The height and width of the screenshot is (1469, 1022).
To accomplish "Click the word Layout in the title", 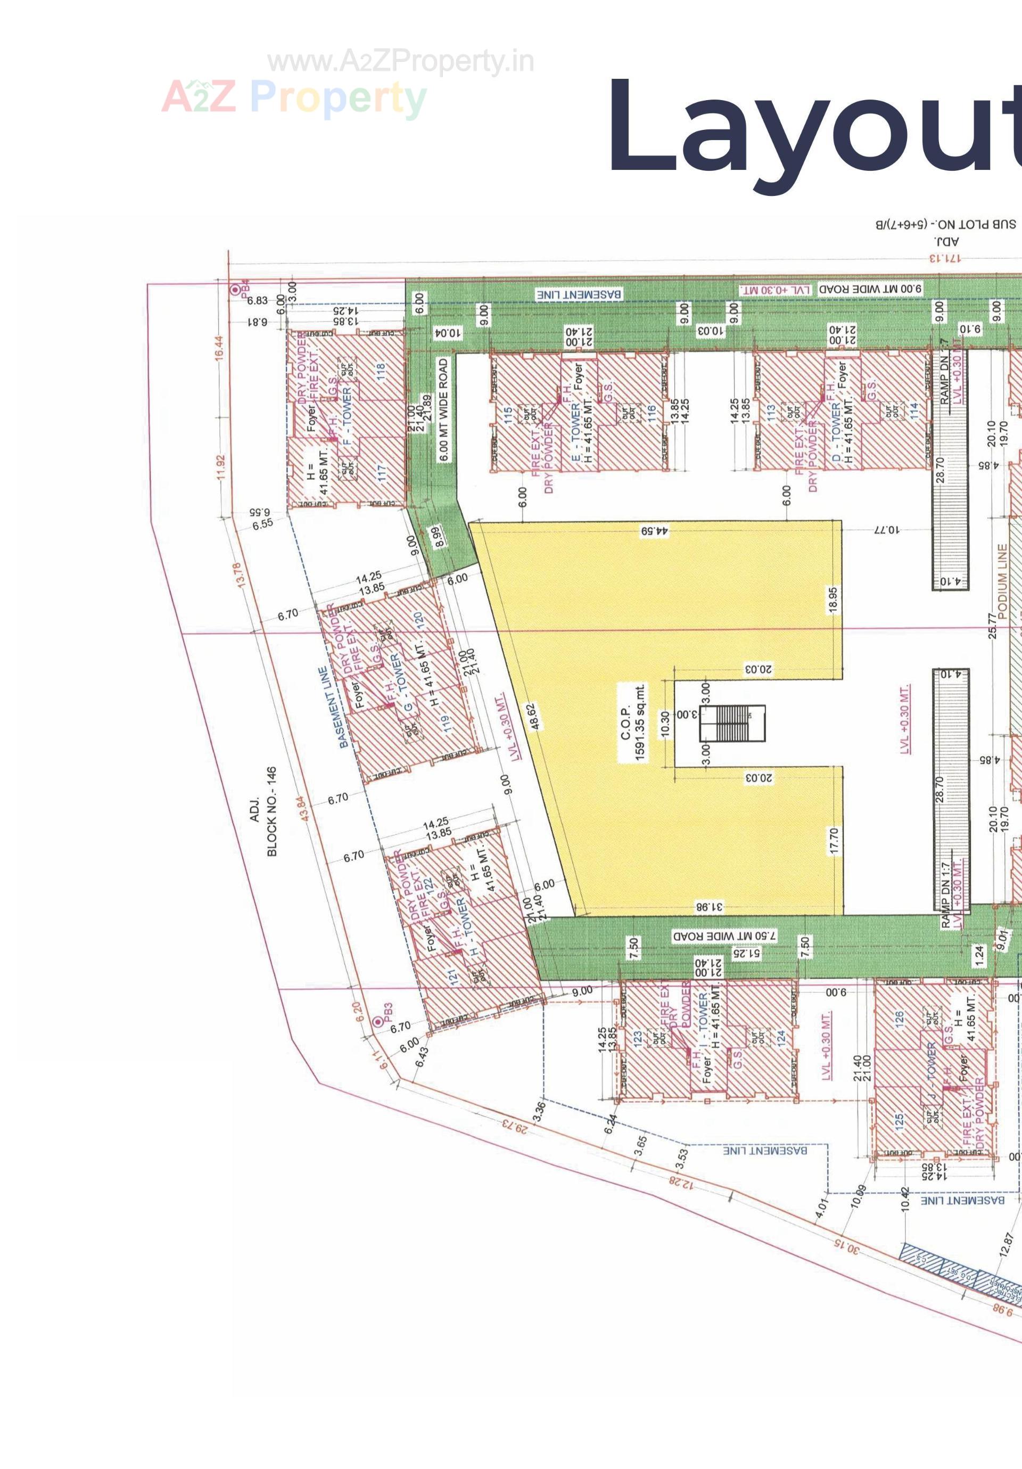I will (x=812, y=128).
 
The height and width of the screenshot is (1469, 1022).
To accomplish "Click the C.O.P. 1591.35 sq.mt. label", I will (x=632, y=723).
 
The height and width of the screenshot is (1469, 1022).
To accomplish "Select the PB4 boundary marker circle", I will (x=236, y=289).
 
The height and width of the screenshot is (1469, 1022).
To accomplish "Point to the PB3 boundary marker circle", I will (x=378, y=1022).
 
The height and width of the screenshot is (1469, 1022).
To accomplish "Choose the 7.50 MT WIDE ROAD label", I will (x=724, y=935).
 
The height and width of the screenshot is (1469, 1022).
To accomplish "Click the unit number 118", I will (x=381, y=372).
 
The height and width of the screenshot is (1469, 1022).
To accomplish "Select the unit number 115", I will (x=508, y=416).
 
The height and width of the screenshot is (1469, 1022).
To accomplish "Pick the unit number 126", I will (x=899, y=1018).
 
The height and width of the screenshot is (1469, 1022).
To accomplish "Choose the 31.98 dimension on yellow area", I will (x=708, y=907).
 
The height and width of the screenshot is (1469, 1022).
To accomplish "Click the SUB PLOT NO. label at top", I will (x=945, y=225).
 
